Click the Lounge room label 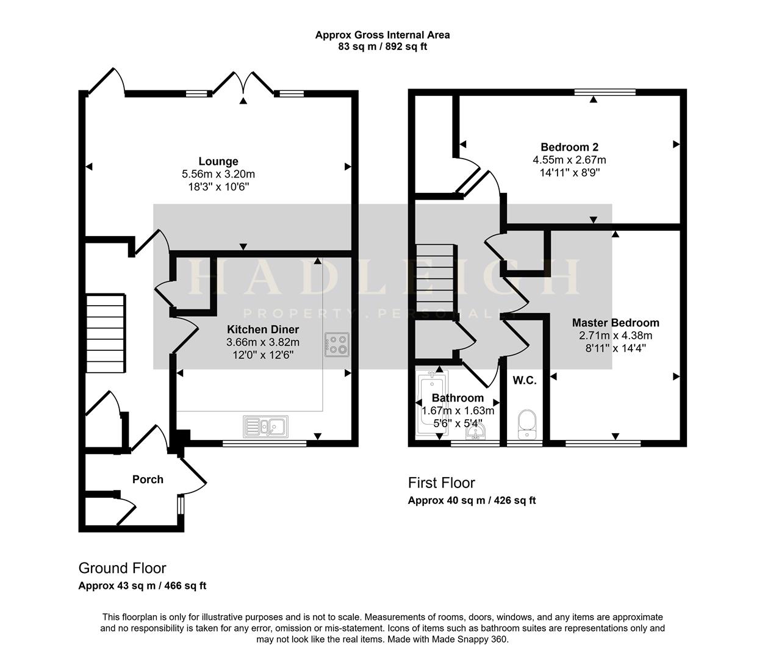pyautogui.click(x=218, y=162)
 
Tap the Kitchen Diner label pyautogui.click(x=262, y=329)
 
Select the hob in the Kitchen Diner pyautogui.click(x=337, y=344)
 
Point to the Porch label pyautogui.click(x=148, y=480)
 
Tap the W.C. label pyautogui.click(x=524, y=381)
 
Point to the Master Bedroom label pyautogui.click(x=615, y=323)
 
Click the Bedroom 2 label pyautogui.click(x=569, y=147)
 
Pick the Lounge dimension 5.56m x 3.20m pyautogui.click(x=218, y=175)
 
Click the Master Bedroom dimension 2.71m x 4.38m pyautogui.click(x=615, y=336)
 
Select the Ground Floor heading pyautogui.click(x=122, y=568)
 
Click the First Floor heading pyautogui.click(x=441, y=483)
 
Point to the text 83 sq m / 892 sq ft pyautogui.click(x=382, y=46)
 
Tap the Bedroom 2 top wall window pyautogui.click(x=605, y=93)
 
